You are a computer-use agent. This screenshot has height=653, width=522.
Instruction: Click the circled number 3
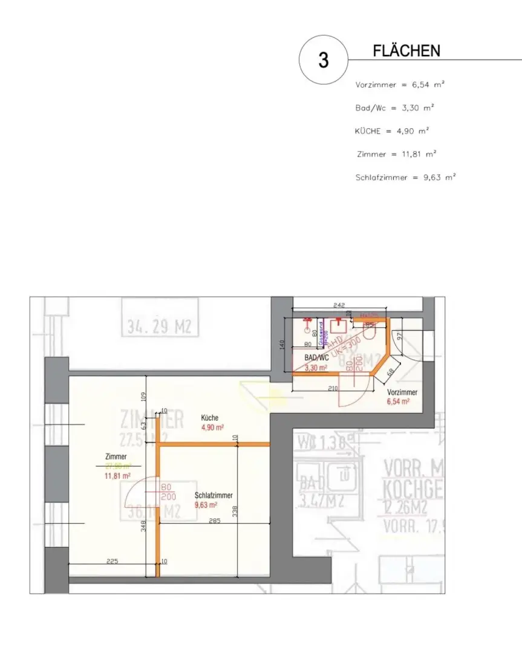[x=324, y=60]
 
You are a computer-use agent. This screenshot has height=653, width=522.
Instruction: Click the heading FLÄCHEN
[x=406, y=51]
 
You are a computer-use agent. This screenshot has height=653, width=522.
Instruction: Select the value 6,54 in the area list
[x=420, y=85]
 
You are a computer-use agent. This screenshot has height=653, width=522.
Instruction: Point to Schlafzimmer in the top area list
[x=381, y=178]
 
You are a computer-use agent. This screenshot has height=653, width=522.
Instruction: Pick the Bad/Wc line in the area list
[x=394, y=108]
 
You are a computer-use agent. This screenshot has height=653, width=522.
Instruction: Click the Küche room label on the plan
[x=210, y=418]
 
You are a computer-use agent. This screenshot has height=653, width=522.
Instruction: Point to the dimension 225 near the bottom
[x=112, y=561]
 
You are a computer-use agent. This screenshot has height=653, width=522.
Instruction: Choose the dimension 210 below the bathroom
[x=332, y=389]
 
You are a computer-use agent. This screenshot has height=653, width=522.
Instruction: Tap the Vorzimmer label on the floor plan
[x=402, y=392]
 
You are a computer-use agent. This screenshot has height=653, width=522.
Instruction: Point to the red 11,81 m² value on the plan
[x=117, y=476]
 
